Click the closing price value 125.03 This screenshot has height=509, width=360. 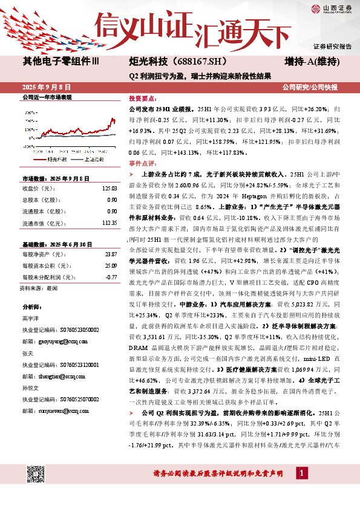tap(108, 188)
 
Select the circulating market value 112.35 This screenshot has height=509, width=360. tap(108, 222)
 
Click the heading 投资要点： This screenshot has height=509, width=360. tap(143, 98)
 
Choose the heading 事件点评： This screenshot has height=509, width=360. tap(143, 163)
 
